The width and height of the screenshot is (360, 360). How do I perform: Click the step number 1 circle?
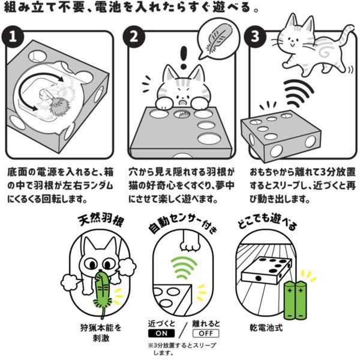tap(13, 37)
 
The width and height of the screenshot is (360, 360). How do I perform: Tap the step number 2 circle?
tap(134, 37)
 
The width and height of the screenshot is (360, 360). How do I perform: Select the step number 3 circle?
tap(255, 37)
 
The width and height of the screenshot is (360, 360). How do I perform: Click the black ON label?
tap(161, 334)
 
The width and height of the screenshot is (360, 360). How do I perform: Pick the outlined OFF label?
tap(206, 334)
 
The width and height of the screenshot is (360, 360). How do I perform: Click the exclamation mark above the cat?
tap(184, 58)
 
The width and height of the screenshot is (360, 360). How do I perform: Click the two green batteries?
tap(295, 301)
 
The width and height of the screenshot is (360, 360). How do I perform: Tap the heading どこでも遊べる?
tap(267, 222)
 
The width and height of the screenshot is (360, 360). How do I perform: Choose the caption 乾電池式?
tap(266, 328)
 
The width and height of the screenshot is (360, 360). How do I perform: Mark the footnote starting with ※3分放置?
tap(182, 349)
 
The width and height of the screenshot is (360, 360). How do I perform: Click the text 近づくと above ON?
tap(161, 324)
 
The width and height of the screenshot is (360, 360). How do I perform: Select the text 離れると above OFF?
tap(206, 324)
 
